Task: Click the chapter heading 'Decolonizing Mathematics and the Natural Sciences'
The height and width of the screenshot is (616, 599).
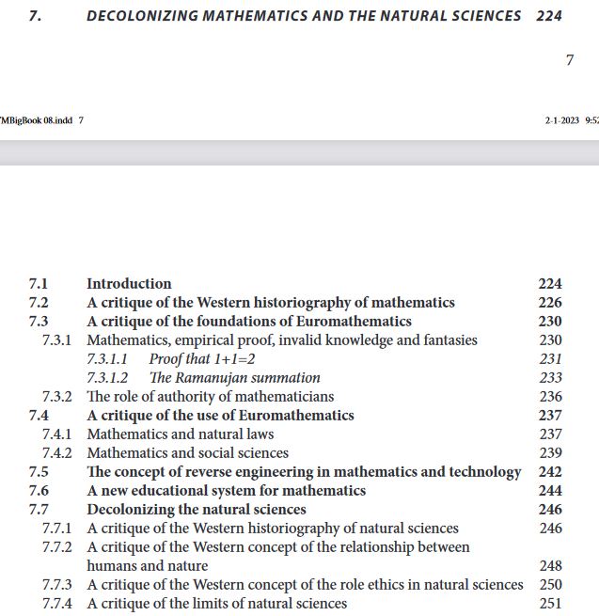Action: click(303, 16)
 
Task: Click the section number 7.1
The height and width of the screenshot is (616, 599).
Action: click(39, 283)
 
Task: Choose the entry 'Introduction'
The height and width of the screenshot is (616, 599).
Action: click(129, 283)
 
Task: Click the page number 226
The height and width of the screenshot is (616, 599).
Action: click(550, 302)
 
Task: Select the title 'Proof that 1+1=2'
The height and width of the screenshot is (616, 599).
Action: click(202, 358)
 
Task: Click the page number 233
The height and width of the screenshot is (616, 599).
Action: click(551, 377)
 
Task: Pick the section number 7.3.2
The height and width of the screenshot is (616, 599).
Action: click(56, 396)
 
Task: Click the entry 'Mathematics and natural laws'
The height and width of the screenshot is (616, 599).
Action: click(181, 434)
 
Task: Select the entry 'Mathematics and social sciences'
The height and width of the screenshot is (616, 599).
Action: click(187, 452)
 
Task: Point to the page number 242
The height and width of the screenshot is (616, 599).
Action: click(550, 471)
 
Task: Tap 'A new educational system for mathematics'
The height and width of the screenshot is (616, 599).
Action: click(227, 490)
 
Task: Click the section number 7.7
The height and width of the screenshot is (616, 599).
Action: click(39, 509)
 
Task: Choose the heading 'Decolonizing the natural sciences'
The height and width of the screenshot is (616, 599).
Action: click(197, 509)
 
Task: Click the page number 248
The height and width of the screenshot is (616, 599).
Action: click(551, 565)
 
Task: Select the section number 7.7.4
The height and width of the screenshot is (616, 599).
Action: click(56, 603)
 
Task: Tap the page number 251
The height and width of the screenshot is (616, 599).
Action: click(551, 603)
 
